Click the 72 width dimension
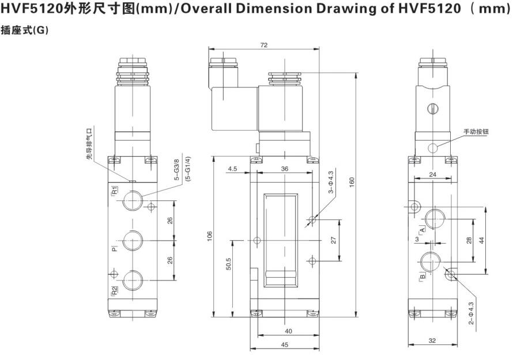pyautogui.click(x=263, y=45)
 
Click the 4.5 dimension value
pyautogui.click(x=233, y=169)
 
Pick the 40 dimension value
pyautogui.click(x=288, y=331)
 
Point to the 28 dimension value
pyautogui.click(x=469, y=240)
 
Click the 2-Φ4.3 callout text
pyautogui.click(x=471, y=313)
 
